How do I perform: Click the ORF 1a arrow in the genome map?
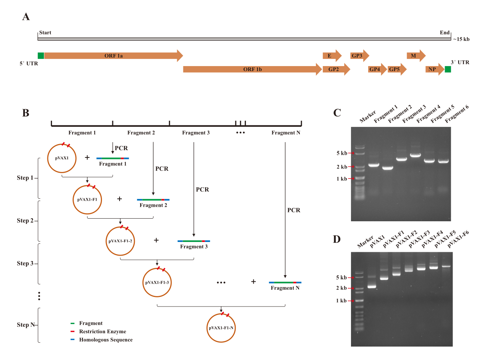tap(113, 55)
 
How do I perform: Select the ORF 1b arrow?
tap(252, 69)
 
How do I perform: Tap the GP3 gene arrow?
tap(360, 55)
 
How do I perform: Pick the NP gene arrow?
tap(435, 69)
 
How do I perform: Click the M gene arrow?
tap(416, 55)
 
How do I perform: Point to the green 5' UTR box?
tap(41, 55)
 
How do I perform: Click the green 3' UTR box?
tap(448, 70)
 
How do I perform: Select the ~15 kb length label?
tap(461, 39)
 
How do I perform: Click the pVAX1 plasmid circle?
tap(62, 144)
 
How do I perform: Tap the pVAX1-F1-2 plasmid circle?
tap(120, 227)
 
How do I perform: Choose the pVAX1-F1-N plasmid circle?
tap(221, 314)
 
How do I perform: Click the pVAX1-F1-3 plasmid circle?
tap(157, 268)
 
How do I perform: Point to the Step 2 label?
tap(25, 221)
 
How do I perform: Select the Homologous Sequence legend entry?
tap(102, 340)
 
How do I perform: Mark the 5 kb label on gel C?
tap(342, 153)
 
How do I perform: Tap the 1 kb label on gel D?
tap(341, 301)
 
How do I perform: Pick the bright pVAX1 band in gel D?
tap(372, 287)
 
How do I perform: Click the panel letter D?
tap(337, 239)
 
